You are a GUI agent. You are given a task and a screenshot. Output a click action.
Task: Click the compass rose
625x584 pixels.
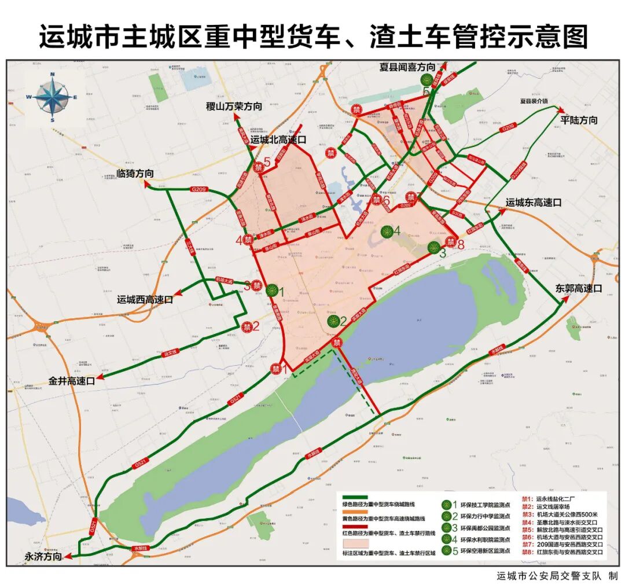click(52, 97)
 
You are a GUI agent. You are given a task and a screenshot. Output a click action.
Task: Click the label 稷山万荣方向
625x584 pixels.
click(234, 106)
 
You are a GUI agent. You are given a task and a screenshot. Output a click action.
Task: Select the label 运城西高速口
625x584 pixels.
click(145, 300)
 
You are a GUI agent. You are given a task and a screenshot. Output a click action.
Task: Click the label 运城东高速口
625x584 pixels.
click(534, 203)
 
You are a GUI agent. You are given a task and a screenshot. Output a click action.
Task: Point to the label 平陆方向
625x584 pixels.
click(579, 120)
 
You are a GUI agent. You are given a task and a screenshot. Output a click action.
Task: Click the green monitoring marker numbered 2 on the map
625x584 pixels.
click(333, 321)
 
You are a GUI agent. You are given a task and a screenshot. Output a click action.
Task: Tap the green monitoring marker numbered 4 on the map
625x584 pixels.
click(387, 232)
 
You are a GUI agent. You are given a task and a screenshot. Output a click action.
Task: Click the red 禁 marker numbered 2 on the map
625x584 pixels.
click(247, 326)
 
